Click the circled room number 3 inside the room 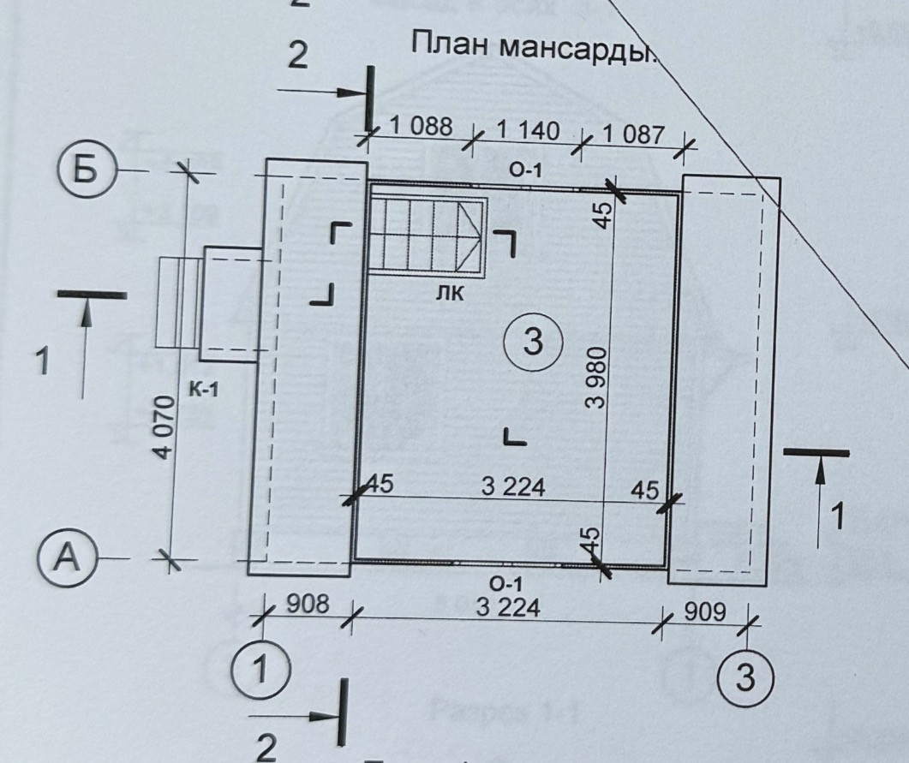click(532, 343)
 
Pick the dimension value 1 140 click(528, 131)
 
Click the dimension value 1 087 click(633, 134)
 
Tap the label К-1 click(204, 391)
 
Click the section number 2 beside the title click(296, 56)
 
